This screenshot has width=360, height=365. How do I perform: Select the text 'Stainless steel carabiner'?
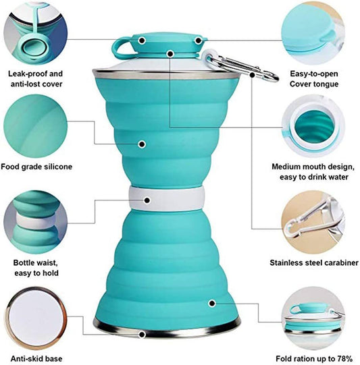(x=314, y=262)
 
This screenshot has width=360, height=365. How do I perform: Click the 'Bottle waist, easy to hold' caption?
(x=36, y=267)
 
